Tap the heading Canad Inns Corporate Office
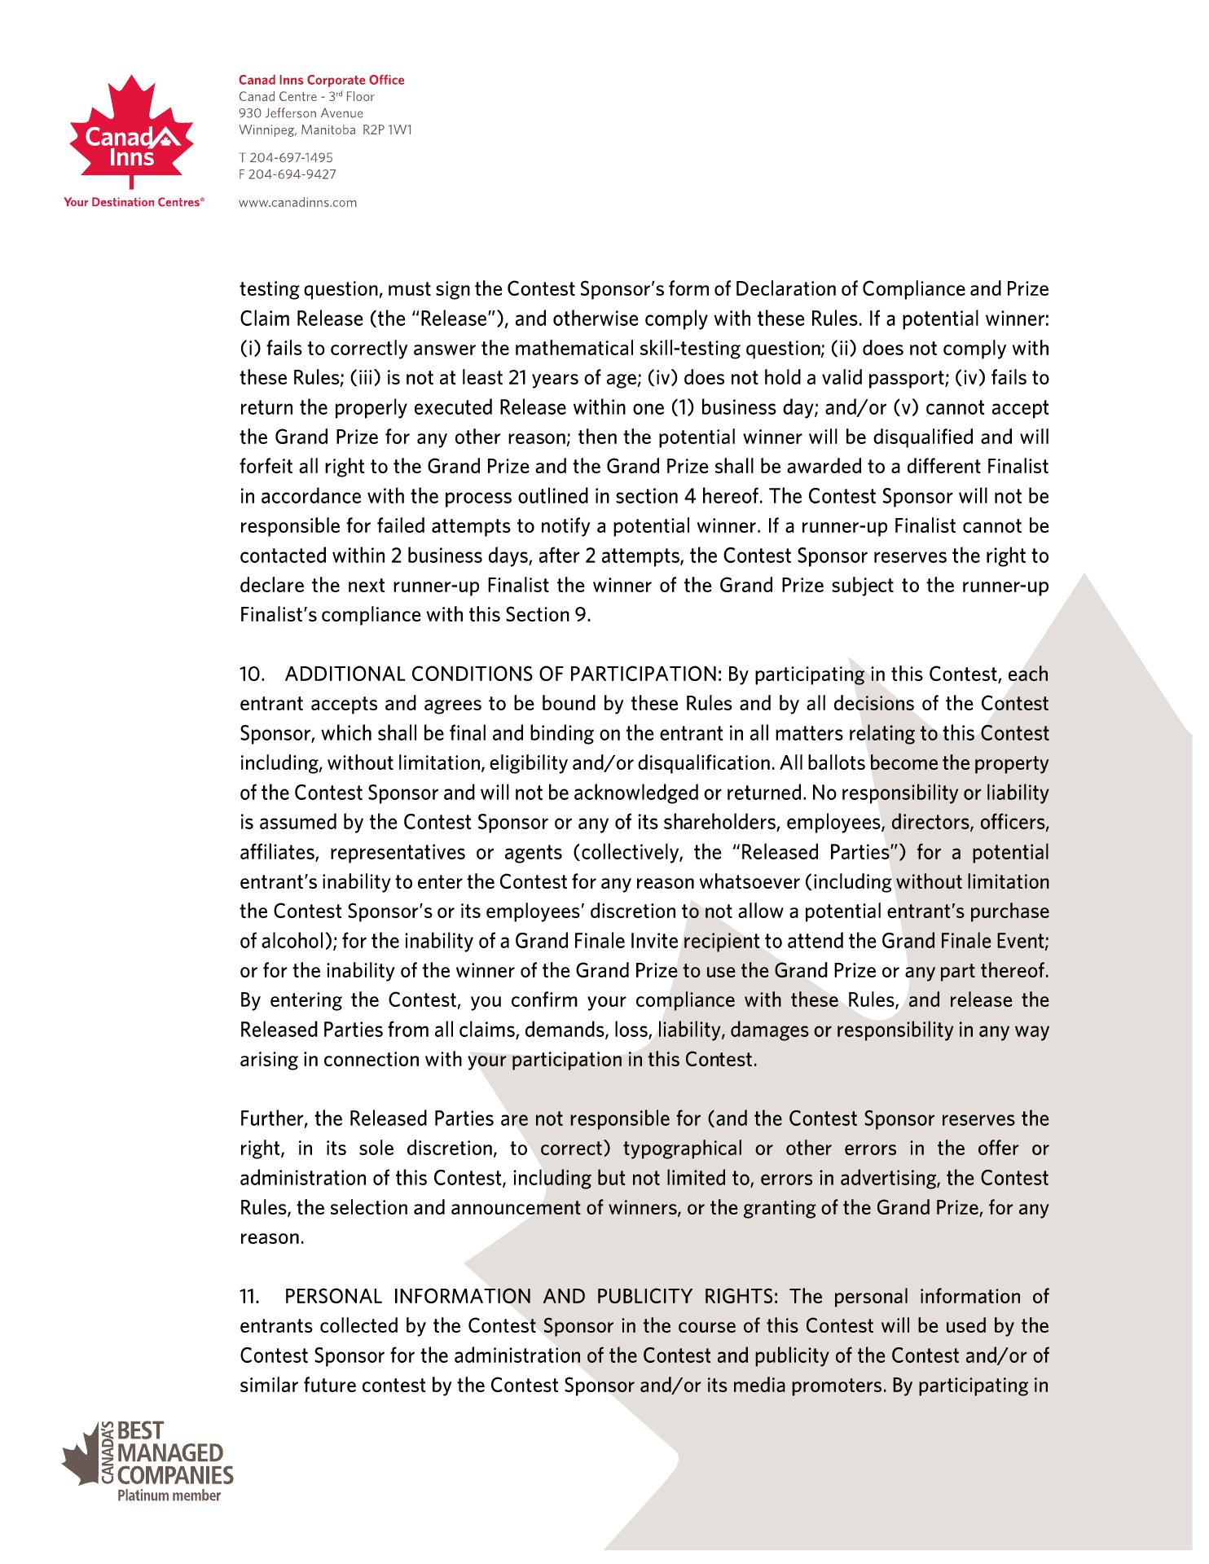point(321,80)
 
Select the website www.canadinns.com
point(297,202)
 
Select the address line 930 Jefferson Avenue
point(301,113)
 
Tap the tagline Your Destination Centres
point(133,201)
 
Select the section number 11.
point(248,1296)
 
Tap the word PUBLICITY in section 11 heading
point(644,1296)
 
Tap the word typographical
point(683,1149)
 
